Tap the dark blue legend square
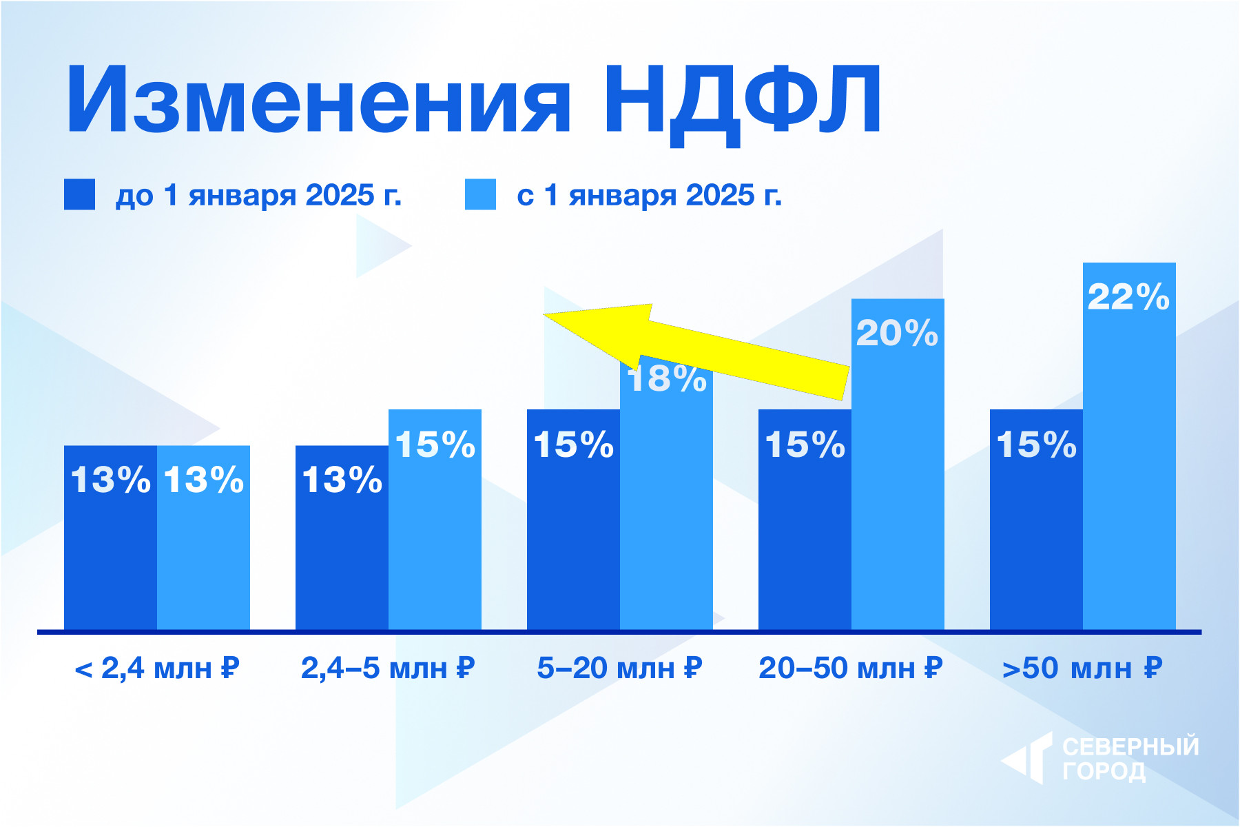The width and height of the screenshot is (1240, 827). (79, 194)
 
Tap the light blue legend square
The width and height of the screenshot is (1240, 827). (480, 194)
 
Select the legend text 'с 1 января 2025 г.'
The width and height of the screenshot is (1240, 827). (649, 196)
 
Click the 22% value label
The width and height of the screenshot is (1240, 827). (1128, 298)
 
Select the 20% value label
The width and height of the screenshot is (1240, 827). (897, 334)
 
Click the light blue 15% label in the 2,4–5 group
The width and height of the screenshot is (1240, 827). (435, 445)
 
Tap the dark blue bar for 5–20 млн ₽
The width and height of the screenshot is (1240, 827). (573, 538)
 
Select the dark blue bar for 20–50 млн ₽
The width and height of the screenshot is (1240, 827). (805, 538)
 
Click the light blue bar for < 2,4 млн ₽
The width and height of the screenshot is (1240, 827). (203, 551)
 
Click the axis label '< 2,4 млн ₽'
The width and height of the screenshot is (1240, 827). (156, 668)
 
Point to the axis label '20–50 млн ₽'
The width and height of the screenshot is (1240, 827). (850, 668)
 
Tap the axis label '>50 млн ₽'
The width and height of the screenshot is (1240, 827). (1082, 668)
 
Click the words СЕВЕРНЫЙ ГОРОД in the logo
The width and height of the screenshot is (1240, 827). (1130, 759)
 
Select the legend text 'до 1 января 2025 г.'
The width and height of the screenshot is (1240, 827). (258, 196)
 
